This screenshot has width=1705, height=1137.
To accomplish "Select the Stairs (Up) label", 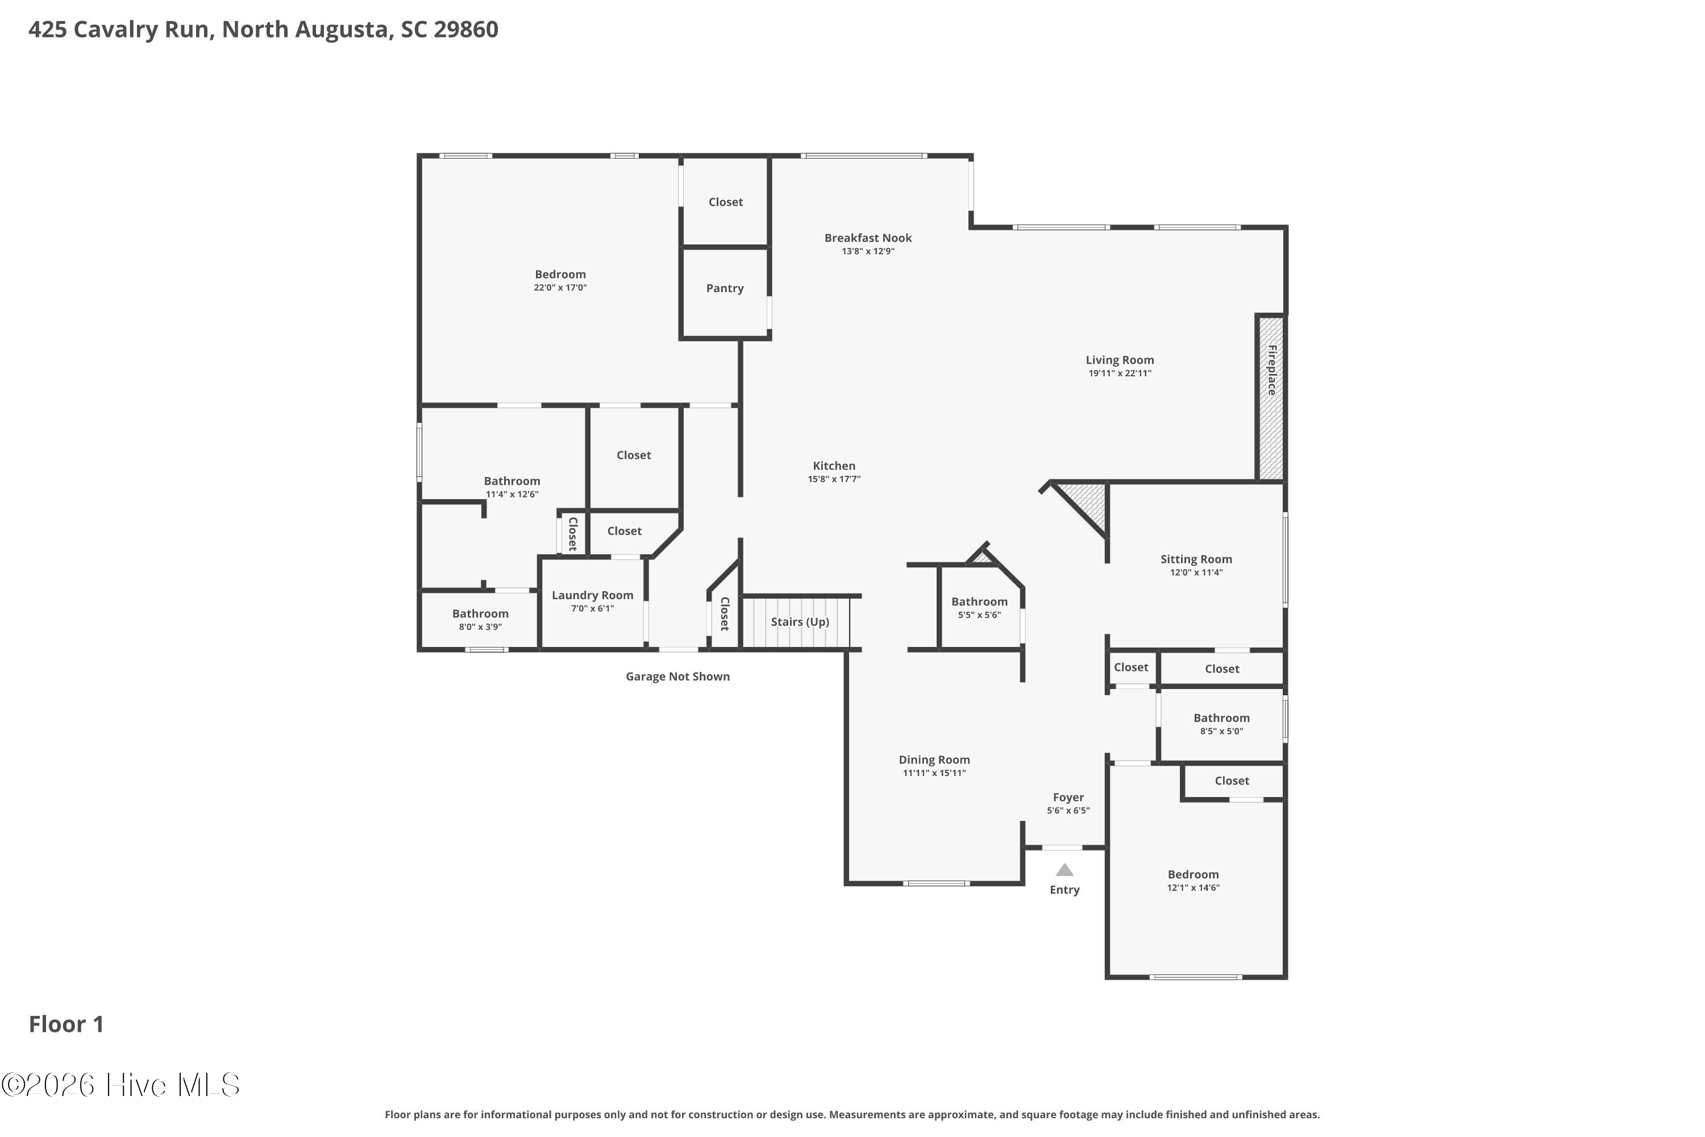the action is pyautogui.click(x=800, y=622).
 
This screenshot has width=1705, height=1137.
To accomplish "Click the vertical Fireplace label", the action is pyautogui.click(x=1271, y=370).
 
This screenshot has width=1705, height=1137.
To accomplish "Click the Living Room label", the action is pyautogui.click(x=1119, y=360).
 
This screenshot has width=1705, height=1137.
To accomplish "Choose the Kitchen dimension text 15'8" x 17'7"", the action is pyautogui.click(x=834, y=479).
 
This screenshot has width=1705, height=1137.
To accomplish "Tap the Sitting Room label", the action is pyautogui.click(x=1196, y=559).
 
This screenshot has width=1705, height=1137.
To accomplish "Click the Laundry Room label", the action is pyautogui.click(x=592, y=595).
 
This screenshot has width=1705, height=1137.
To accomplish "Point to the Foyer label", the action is pyautogui.click(x=1068, y=798).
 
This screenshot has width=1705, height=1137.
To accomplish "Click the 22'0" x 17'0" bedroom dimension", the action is pyautogui.click(x=560, y=288).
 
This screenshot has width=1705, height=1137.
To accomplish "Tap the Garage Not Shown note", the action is pyautogui.click(x=678, y=677).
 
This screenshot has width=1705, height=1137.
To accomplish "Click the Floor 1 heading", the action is pyautogui.click(x=66, y=1024).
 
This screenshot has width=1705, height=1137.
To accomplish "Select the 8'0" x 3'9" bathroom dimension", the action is pyautogui.click(x=480, y=627).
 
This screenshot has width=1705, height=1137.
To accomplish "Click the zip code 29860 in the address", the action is pyautogui.click(x=465, y=29).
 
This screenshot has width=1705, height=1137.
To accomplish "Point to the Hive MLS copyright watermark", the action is pyautogui.click(x=120, y=1085).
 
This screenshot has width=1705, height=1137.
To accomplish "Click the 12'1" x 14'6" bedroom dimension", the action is pyautogui.click(x=1193, y=887).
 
